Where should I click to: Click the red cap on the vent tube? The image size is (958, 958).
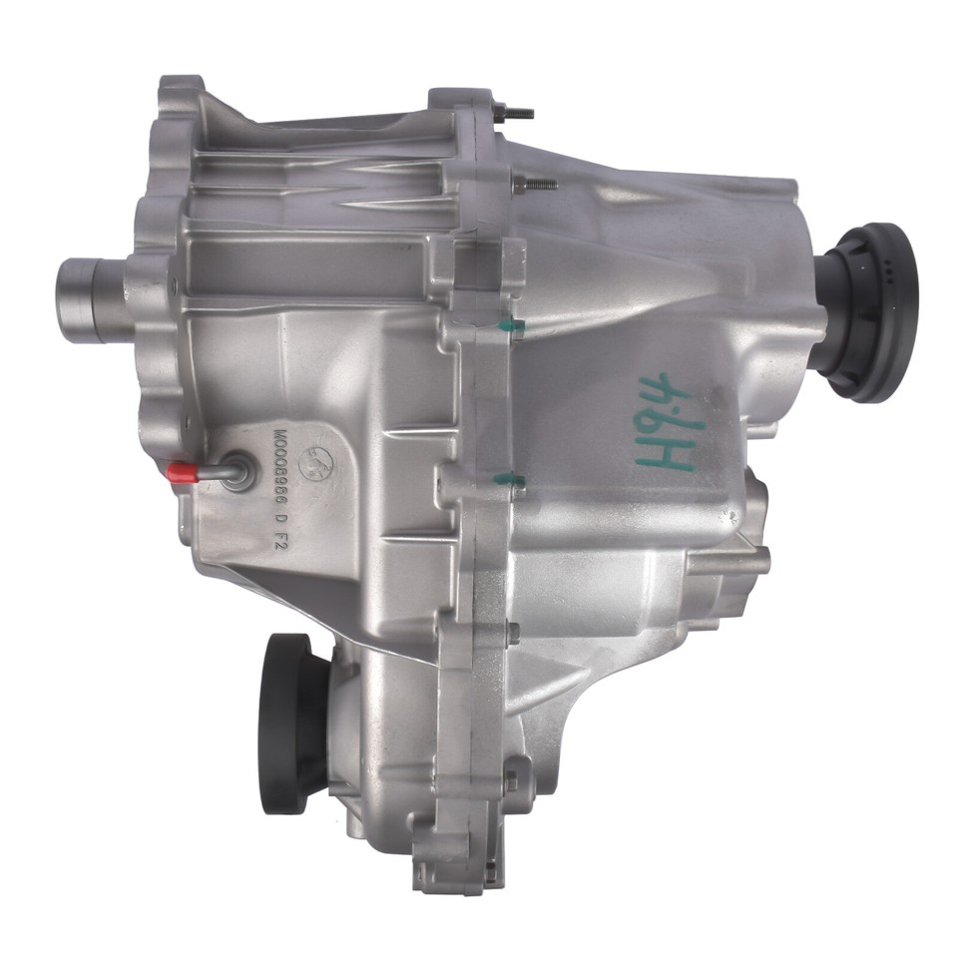click(180, 470)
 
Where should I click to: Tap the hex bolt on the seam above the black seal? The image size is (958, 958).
click(512, 631)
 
